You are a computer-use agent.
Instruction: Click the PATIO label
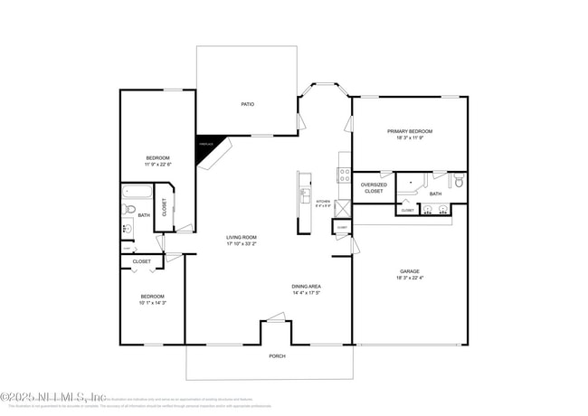pos(247,104)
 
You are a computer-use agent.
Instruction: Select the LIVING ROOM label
pos(242,237)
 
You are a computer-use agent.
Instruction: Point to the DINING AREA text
pos(307,286)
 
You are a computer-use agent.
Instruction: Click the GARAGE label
pos(410,271)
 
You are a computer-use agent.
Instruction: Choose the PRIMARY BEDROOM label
pos(410,131)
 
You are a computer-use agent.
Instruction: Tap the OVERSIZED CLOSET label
pos(374,188)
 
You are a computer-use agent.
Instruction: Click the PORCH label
pos(278,355)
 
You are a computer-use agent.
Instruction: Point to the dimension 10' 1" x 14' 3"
pos(152,303)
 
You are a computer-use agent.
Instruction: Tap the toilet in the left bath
pos(130,212)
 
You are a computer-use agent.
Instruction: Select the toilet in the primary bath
pos(458,182)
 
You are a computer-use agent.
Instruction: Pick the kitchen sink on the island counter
pos(306,197)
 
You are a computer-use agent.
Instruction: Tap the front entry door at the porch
pos(275,317)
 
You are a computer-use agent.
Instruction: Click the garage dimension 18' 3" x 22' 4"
pos(410,279)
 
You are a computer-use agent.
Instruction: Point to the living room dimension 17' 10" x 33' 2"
pos(242,244)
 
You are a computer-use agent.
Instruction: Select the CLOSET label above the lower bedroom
pos(142,261)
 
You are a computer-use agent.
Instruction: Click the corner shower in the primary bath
pos(412,187)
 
